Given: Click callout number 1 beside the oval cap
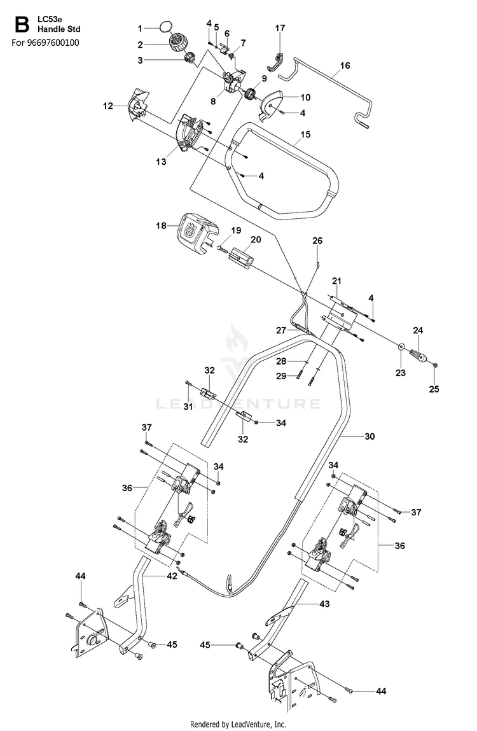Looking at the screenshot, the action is (140, 29).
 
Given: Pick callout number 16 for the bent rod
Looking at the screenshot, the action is (345, 66).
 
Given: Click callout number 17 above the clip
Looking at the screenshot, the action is (280, 29).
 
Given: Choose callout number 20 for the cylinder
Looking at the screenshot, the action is (256, 240).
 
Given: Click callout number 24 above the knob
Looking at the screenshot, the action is (418, 331).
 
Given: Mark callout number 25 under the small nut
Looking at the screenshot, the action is (434, 389).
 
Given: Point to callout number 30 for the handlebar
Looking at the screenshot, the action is (370, 436).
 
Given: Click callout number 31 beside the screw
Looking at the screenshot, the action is (188, 407).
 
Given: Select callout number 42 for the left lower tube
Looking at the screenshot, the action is (172, 576).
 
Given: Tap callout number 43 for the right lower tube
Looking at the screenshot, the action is (324, 604).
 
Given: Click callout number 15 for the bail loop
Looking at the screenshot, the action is (305, 135).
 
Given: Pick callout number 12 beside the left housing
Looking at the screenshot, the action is (107, 106).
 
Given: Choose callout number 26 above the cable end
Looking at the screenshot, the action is (317, 241).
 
